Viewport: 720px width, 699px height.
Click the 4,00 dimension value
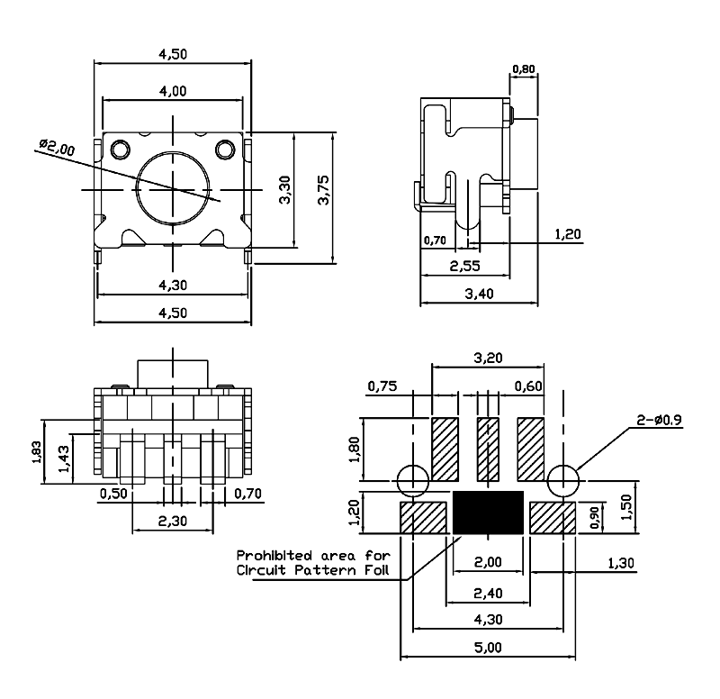click(x=173, y=90)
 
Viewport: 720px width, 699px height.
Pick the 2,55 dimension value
click(x=464, y=266)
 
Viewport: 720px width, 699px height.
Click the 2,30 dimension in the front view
click(x=173, y=521)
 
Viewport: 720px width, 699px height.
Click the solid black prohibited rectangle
click(x=488, y=512)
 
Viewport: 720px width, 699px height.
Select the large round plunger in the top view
click(x=173, y=189)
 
